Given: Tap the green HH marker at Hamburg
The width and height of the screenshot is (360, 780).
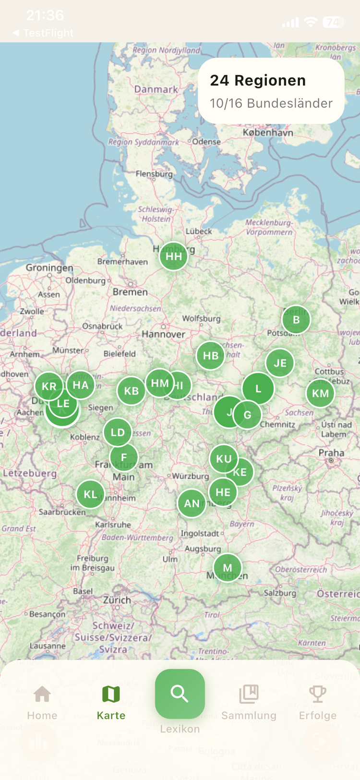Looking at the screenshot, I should click(173, 256).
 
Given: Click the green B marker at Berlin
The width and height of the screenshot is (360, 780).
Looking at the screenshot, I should click(296, 319).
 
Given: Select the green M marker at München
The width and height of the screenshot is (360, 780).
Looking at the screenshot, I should click(228, 568).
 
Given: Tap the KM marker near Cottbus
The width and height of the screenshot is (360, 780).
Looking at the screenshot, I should click(320, 393).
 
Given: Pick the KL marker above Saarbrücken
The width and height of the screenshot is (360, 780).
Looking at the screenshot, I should click(90, 494).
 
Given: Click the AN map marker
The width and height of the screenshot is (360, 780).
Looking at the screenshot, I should click(192, 503).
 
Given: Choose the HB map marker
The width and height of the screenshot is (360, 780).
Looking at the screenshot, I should click(210, 355).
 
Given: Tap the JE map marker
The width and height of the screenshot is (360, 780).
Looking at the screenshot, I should click(280, 363).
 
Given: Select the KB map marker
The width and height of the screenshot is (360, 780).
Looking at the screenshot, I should click(131, 390).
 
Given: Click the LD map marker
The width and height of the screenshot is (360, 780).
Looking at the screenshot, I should click(118, 432).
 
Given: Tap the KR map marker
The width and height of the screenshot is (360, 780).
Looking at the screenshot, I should click(48, 386).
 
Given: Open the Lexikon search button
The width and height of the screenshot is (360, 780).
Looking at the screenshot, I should click(180, 694).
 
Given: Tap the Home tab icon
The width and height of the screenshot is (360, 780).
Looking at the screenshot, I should click(42, 694).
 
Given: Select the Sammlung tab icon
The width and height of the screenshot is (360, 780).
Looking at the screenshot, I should click(249, 694).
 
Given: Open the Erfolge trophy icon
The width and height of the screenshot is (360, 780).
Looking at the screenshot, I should click(318, 694).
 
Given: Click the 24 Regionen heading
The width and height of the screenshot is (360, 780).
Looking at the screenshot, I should click(258, 80).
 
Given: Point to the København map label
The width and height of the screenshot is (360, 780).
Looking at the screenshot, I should click(268, 132).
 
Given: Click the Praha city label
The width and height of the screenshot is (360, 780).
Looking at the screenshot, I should click(331, 452).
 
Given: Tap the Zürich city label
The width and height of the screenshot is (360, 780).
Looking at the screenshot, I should click(117, 600).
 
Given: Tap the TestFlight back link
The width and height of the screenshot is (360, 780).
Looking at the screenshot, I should click(43, 33).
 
